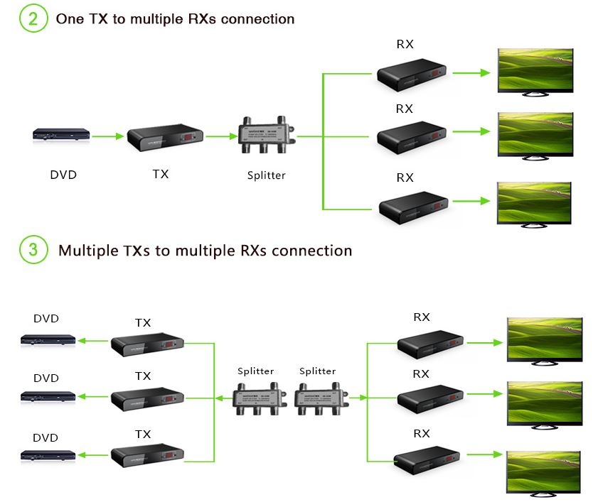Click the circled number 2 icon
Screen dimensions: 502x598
tap(33, 18)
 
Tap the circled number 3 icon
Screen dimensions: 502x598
tap(33, 250)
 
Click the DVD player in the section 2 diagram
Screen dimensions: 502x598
tap(62, 135)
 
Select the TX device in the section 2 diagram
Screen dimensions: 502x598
tap(165, 139)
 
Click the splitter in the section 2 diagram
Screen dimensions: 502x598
tap(267, 133)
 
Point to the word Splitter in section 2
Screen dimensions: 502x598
tap(266, 175)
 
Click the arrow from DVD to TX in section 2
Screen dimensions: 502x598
tap(108, 136)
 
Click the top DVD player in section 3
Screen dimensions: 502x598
tap(48, 341)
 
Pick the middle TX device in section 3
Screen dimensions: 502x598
tap(148, 399)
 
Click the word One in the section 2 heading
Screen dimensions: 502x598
tap(69, 19)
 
